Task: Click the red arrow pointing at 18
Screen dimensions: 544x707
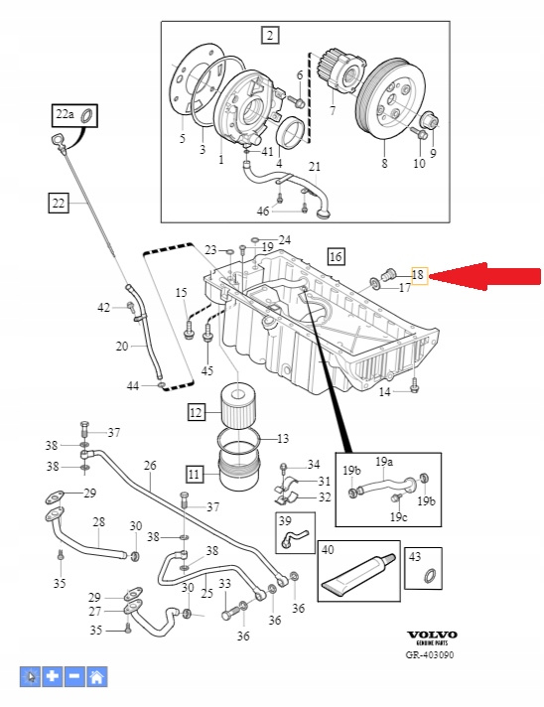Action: point(484,276)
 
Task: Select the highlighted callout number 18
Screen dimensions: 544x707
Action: point(418,275)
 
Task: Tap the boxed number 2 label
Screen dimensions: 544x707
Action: point(270,35)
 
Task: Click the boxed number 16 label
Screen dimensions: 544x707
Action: point(336,256)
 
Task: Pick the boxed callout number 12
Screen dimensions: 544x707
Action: point(196,412)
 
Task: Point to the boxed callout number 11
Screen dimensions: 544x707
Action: point(194,475)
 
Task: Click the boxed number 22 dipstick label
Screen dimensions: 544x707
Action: point(59,203)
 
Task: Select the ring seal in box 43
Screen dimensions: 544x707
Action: point(431,576)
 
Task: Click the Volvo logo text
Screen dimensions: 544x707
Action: point(432,635)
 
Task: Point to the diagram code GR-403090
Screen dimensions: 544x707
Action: point(430,654)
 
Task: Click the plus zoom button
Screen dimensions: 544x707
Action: point(53,676)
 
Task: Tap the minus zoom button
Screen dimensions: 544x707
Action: point(74,676)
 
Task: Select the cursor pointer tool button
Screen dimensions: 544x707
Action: point(30,676)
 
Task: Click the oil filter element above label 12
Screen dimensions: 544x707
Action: point(239,408)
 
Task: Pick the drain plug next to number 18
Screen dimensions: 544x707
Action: point(388,274)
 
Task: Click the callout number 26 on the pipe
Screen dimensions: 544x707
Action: point(150,465)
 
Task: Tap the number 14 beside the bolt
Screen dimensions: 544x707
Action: point(384,392)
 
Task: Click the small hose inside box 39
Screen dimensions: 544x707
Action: point(294,537)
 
